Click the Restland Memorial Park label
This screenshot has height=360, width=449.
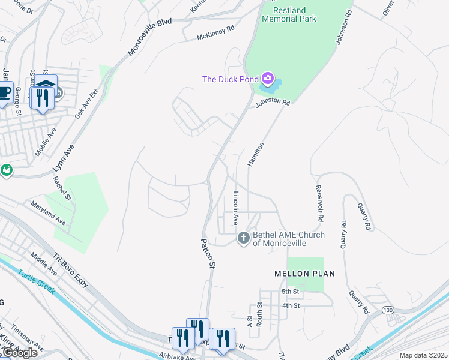289,14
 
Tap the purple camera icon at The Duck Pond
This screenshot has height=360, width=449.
268,79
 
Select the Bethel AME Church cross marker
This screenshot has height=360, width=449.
244,238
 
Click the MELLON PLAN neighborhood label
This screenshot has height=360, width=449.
304,274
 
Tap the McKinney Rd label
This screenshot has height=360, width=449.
215,37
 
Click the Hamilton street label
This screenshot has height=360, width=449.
256,155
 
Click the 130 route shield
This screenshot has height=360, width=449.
387,309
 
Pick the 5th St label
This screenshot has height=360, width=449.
291,292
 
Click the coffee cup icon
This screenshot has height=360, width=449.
4,93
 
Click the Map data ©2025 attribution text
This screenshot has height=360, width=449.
424,355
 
